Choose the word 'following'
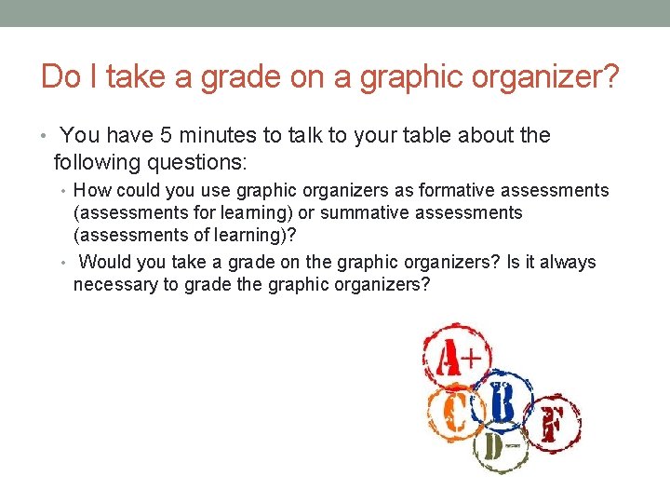click(96, 162)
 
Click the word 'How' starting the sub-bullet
click(91, 191)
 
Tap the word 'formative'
click(458, 191)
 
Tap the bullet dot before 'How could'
click(65, 192)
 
